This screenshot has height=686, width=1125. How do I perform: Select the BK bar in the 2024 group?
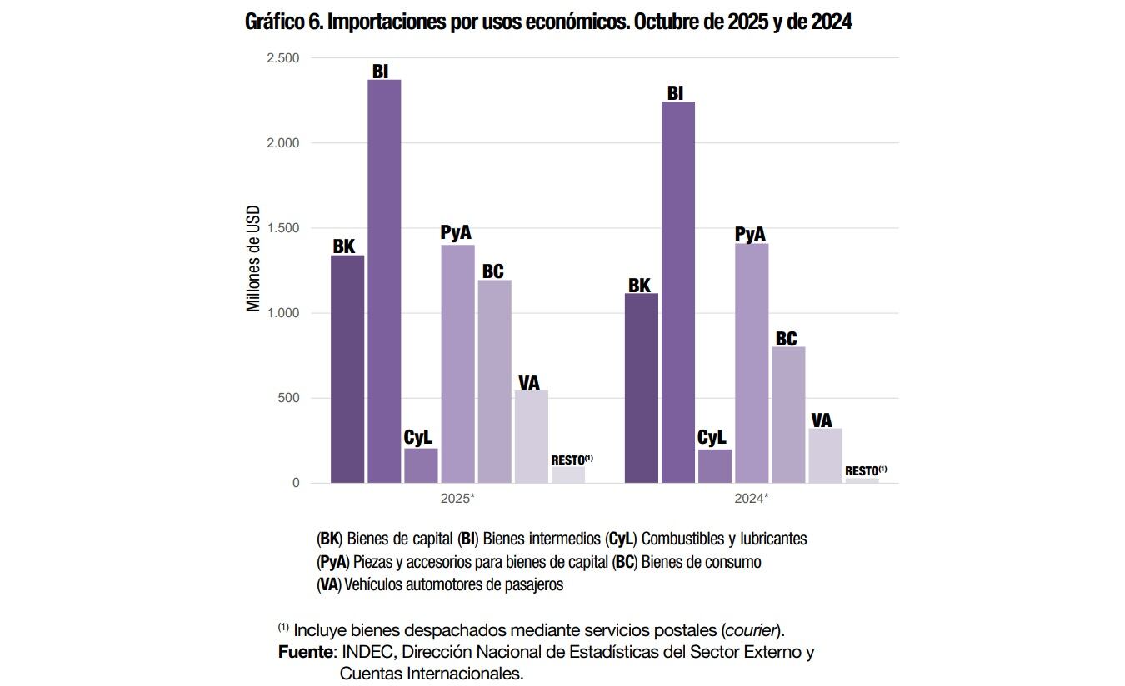click(x=642, y=388)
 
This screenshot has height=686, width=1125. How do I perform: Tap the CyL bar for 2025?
click(x=421, y=465)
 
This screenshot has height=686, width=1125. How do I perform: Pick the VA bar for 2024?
click(x=825, y=455)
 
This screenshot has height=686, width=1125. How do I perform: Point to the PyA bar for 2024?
click(x=752, y=363)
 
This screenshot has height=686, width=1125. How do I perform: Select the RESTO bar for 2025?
click(x=567, y=475)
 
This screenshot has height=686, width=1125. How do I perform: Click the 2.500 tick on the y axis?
click(x=283, y=58)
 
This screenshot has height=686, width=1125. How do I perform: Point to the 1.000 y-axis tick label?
click(x=283, y=313)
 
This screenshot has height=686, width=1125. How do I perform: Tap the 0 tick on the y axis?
click(x=296, y=483)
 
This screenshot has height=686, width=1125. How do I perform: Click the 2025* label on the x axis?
click(x=457, y=499)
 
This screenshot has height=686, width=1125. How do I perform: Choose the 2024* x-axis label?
click(x=752, y=499)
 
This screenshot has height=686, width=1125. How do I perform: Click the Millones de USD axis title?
click(x=253, y=258)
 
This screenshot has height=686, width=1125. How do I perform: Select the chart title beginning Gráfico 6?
click(x=547, y=22)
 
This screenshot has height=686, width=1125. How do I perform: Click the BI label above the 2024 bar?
click(x=675, y=93)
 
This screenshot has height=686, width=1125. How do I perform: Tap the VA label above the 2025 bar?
click(x=528, y=382)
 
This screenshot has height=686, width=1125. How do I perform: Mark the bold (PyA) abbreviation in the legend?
click(x=333, y=562)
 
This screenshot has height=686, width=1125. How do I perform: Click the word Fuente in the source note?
click(x=305, y=652)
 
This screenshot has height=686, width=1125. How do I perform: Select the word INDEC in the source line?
click(x=365, y=652)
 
